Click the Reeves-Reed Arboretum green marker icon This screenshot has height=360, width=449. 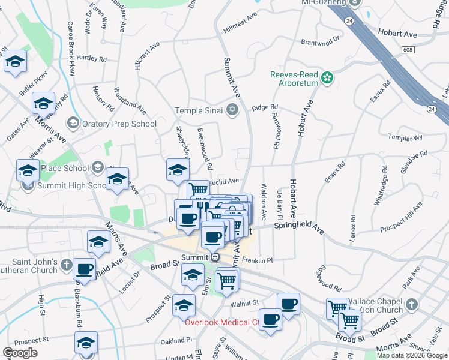pyautogui.click(x=327, y=78)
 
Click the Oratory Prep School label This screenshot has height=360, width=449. pyautogui.click(x=119, y=124)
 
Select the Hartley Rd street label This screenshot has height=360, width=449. pyautogui.click(x=92, y=59)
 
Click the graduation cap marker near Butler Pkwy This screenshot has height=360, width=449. pyautogui.click(x=16, y=61)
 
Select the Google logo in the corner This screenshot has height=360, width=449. pyautogui.click(x=20, y=352)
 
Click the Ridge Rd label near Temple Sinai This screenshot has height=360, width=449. pyautogui.click(x=265, y=107)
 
